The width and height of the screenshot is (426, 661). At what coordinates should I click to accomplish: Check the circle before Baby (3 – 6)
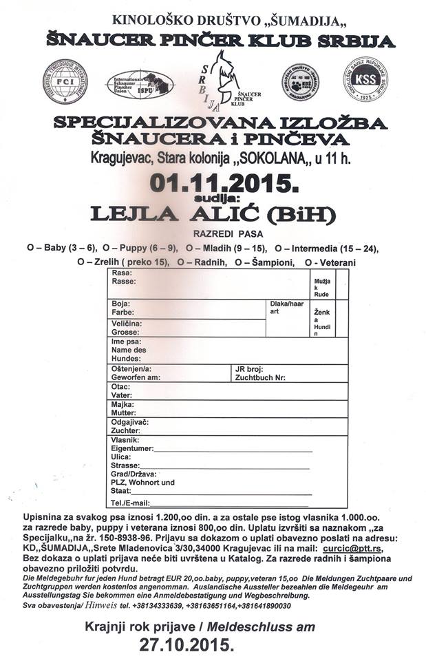click(31, 246)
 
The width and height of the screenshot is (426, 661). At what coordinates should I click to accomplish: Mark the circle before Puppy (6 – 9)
click(106, 246)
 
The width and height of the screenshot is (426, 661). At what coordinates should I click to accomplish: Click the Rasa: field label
click(121, 273)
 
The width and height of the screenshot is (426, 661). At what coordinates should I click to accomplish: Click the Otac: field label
click(120, 386)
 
